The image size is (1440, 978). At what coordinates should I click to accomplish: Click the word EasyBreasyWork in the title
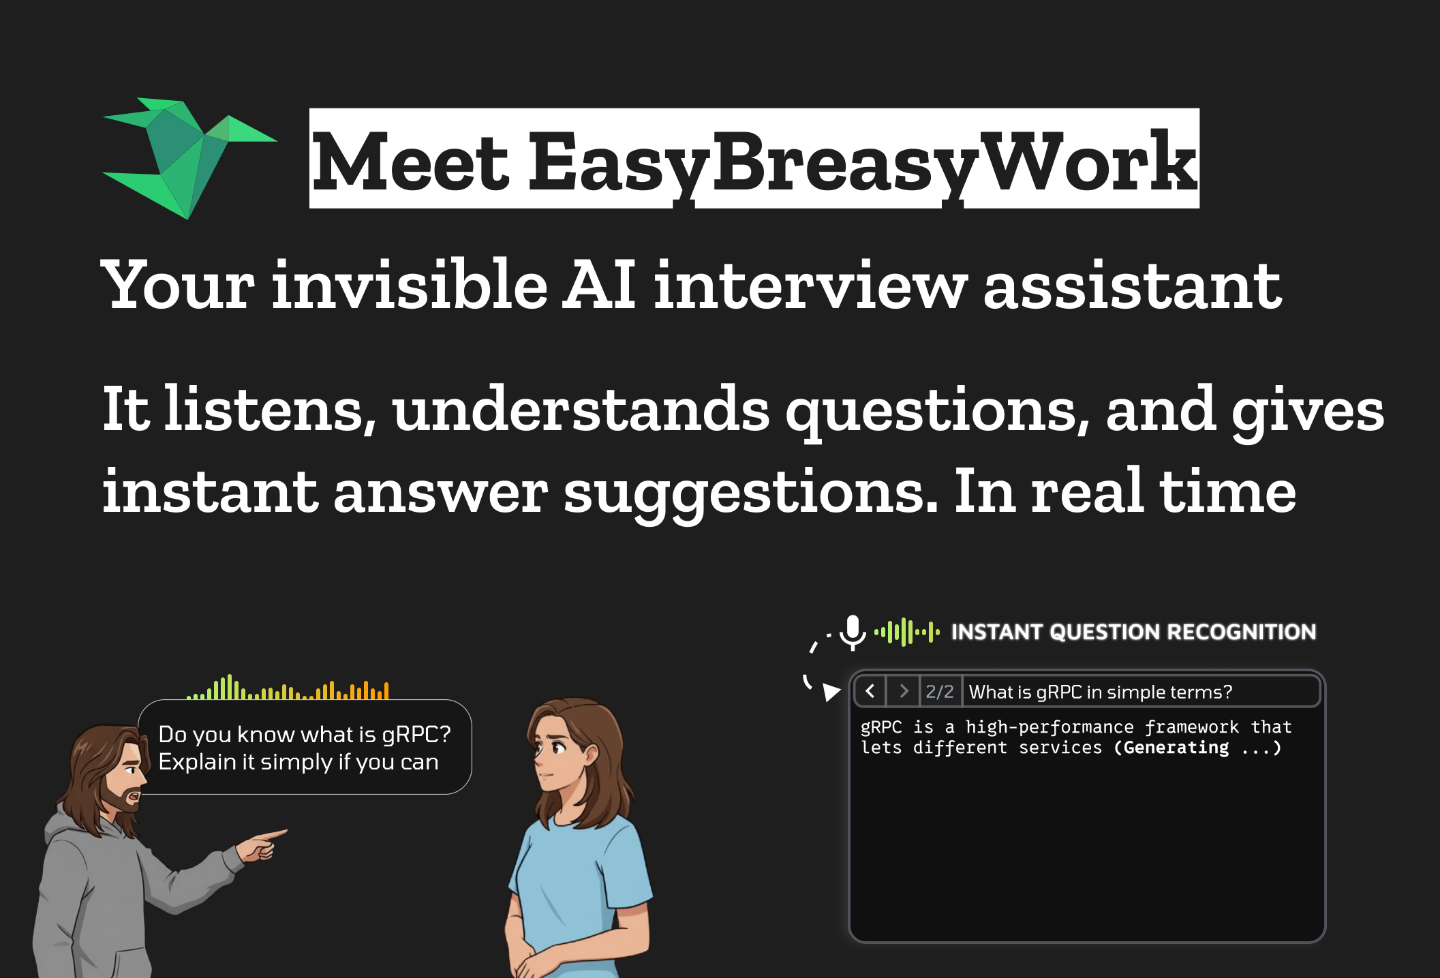(862, 162)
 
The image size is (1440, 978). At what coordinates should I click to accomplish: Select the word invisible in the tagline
(410, 285)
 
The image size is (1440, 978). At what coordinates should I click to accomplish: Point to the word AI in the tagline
(600, 285)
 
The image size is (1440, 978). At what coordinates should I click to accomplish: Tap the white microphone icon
(852, 631)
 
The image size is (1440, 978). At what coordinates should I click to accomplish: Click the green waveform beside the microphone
(907, 632)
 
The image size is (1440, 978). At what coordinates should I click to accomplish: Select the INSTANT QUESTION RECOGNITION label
(1133, 632)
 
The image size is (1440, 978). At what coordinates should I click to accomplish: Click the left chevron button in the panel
(870, 692)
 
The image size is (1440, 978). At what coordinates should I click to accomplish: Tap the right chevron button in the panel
(904, 692)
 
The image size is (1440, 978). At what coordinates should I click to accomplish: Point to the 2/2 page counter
(940, 692)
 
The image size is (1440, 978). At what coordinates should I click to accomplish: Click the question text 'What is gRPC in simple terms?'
(1100, 692)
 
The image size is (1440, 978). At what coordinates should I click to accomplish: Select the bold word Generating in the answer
(1176, 748)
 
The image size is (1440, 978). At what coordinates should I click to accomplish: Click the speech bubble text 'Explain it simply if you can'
(298, 762)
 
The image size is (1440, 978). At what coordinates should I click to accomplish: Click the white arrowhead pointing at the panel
(831, 692)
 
